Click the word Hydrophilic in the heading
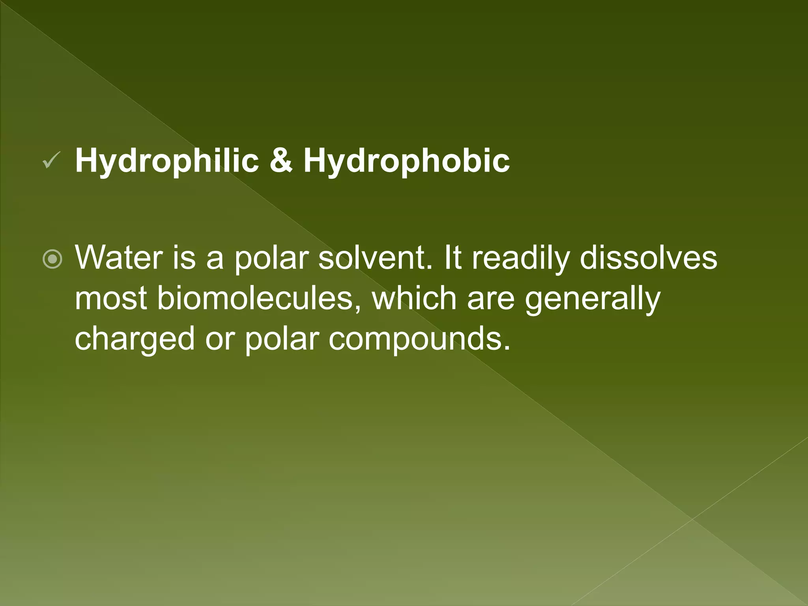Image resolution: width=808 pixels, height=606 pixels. click(167, 161)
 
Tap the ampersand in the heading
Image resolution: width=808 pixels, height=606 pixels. click(281, 161)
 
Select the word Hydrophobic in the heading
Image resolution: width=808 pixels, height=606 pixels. click(406, 161)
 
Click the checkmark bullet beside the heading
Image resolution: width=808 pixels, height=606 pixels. click(51, 161)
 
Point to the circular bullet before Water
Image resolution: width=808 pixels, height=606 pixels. click(52, 259)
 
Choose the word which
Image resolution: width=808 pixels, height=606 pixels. click(414, 298)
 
